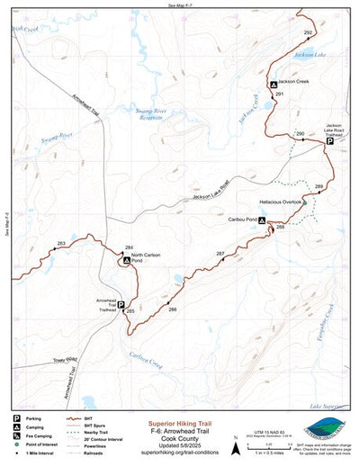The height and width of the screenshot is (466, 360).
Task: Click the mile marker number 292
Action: (x=308, y=32)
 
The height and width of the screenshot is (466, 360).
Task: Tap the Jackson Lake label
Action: (x=311, y=55)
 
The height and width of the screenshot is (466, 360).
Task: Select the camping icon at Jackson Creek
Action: (x=274, y=84)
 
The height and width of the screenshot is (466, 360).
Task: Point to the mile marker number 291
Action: (x=280, y=94)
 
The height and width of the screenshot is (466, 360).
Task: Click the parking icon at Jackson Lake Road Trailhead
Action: (x=329, y=141)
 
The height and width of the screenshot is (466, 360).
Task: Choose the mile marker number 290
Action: (x=300, y=134)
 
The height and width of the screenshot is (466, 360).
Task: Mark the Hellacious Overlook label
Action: (x=279, y=202)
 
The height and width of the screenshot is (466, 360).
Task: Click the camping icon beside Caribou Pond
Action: (x=262, y=220)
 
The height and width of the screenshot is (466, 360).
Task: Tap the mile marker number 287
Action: (x=220, y=254)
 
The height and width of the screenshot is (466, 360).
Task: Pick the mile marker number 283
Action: (x=61, y=244)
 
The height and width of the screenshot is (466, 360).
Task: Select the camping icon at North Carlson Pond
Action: (x=127, y=260)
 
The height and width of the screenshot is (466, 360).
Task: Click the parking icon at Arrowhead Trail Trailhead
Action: (x=121, y=305)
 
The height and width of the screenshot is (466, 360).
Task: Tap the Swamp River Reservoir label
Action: (x=149, y=114)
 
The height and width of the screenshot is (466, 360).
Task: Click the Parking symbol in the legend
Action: (x=16, y=418)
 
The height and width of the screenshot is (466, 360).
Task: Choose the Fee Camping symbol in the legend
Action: (x=16, y=435)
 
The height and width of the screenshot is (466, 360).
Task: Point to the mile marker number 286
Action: (x=172, y=309)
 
